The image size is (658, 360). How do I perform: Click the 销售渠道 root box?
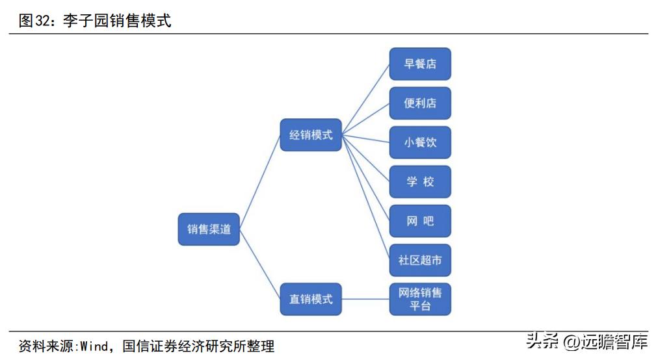(209, 229)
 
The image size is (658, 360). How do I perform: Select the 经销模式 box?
(311, 135)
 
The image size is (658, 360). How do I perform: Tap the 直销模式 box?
(311, 299)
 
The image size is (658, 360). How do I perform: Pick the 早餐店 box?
(420, 64)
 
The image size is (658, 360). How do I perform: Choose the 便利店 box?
(420, 103)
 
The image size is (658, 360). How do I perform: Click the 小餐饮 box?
(420, 142)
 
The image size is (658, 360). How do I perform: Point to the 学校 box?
(420, 182)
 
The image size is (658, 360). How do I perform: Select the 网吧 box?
(420, 221)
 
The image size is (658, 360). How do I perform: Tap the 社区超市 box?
(420, 260)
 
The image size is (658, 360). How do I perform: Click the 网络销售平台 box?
(420, 299)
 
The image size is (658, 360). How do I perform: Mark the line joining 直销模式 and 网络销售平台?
(365, 299)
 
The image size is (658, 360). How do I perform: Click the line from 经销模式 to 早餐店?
(365, 99)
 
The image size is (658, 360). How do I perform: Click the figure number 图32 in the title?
(34, 21)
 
